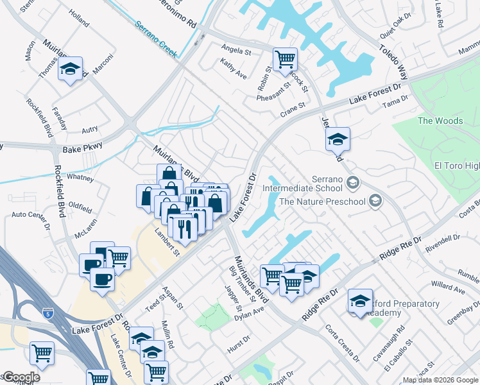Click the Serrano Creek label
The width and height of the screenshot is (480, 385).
click(x=156, y=39)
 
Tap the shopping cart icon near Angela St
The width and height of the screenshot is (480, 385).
click(x=284, y=60)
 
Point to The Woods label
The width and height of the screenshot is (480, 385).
click(x=440, y=121)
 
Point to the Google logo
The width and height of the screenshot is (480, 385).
click(x=21, y=377)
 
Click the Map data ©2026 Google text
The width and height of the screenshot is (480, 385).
click(x=440, y=380)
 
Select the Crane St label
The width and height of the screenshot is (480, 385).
click(x=292, y=113)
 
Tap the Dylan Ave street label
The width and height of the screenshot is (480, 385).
click(x=250, y=313)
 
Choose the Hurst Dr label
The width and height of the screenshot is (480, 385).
click(x=237, y=348)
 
